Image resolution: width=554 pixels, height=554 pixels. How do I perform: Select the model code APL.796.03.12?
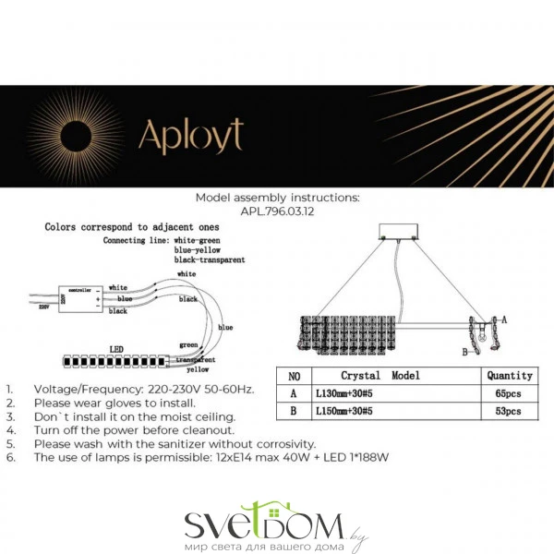click(276, 210)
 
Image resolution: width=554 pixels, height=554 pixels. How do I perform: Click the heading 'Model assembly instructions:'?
click(277, 198)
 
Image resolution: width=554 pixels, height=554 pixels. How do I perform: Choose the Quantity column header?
click(510, 376)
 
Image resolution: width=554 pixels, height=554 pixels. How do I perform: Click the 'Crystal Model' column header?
click(380, 376)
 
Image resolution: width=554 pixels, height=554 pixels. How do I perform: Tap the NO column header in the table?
click(294, 376)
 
